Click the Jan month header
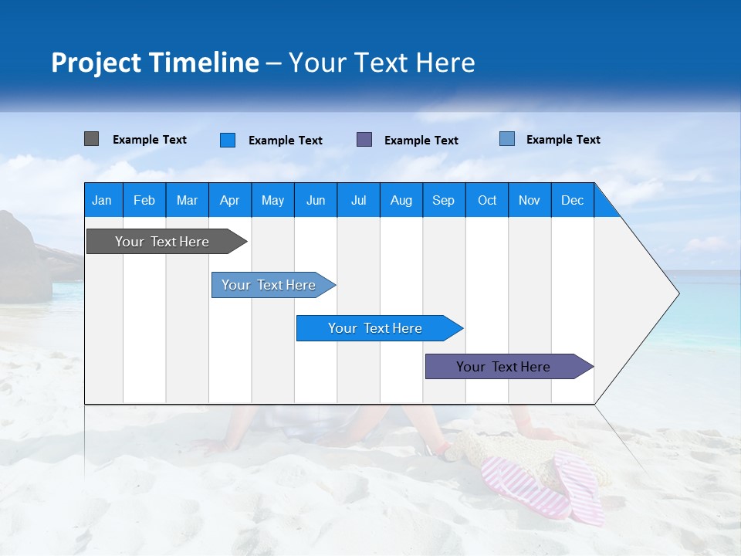pyautogui.click(x=103, y=200)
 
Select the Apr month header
pyautogui.click(x=230, y=200)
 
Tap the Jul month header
pyautogui.click(x=358, y=200)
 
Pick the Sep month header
pyautogui.click(x=444, y=200)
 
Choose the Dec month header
pyautogui.click(x=572, y=200)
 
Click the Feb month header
pyautogui.click(x=144, y=200)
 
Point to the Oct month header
pyautogui.click(x=487, y=200)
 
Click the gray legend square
pyautogui.click(x=91, y=139)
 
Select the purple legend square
pyautogui.click(x=364, y=139)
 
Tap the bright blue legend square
pyautogui.click(x=228, y=140)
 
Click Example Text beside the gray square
pyautogui.click(x=150, y=140)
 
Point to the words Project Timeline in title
pyautogui.click(x=154, y=63)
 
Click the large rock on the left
pyautogui.click(x=23, y=259)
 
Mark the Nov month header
pyautogui.click(x=530, y=200)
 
